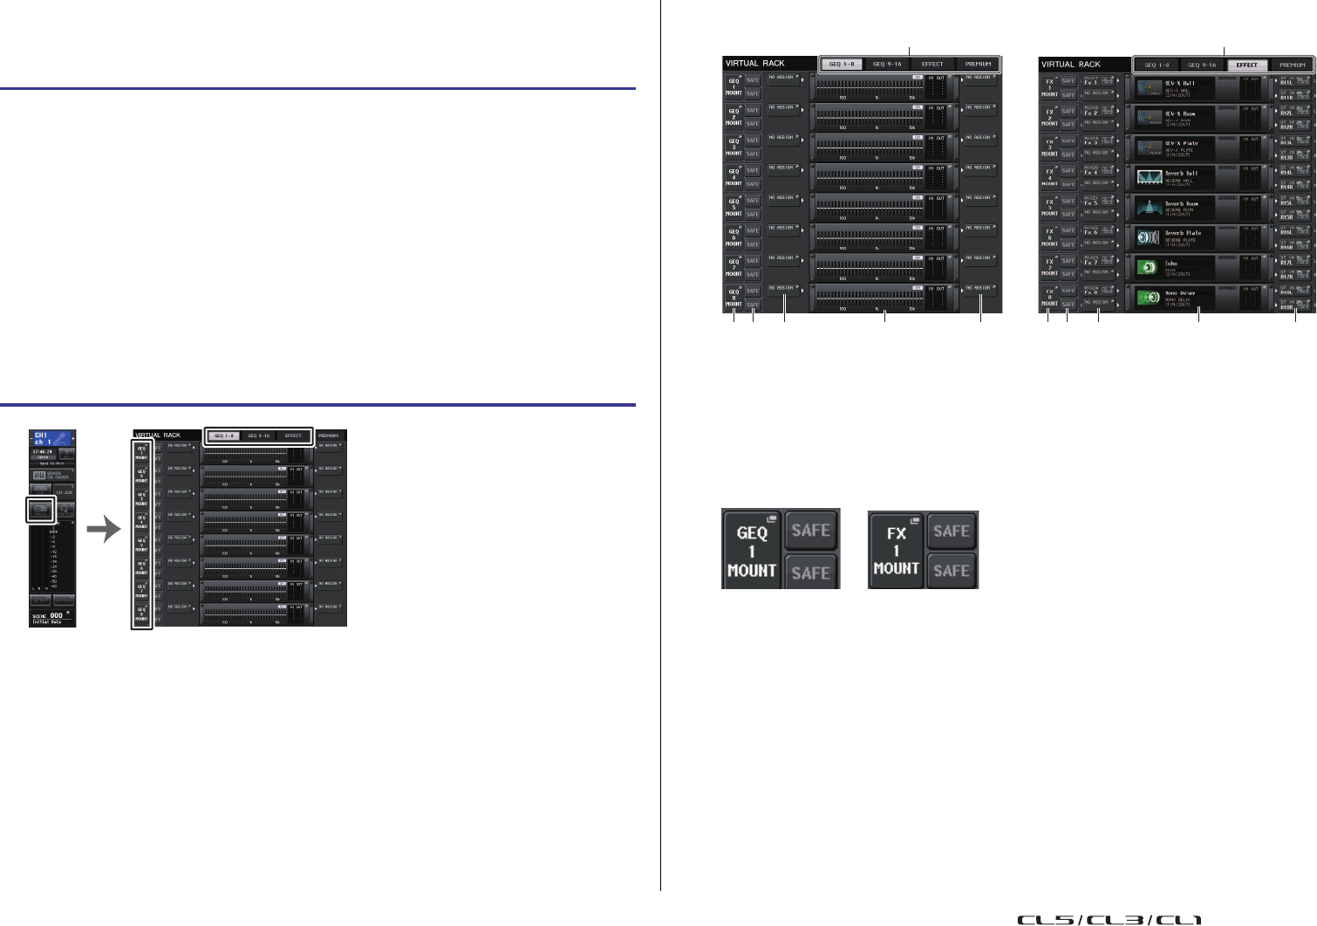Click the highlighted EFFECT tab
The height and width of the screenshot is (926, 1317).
(1246, 65)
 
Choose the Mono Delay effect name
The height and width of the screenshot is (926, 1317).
(1184, 293)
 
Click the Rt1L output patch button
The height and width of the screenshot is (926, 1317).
(1286, 79)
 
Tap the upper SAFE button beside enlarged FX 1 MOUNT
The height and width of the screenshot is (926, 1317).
(951, 532)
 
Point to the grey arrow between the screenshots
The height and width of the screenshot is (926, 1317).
(106, 528)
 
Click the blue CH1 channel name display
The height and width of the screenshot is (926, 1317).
(52, 438)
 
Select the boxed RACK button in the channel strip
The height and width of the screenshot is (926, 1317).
(40, 510)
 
